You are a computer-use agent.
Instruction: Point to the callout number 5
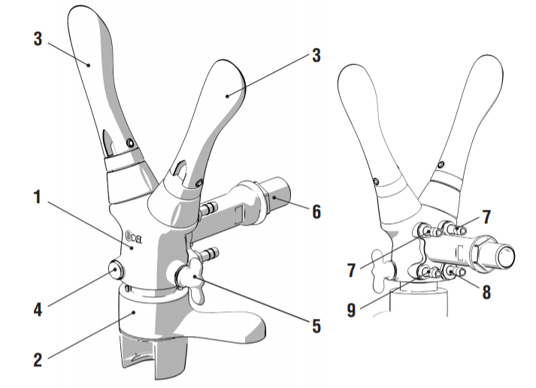(x=316, y=326)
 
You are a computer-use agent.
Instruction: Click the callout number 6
(x=316, y=212)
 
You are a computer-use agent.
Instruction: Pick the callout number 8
(x=486, y=292)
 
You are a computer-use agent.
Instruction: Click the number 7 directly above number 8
(x=486, y=217)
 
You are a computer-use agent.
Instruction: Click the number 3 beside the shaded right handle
(x=316, y=55)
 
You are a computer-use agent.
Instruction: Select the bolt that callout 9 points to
(x=427, y=271)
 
